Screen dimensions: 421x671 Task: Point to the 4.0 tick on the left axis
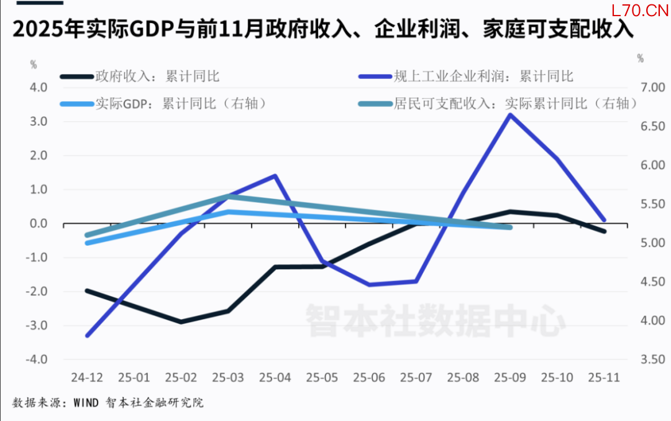pyautogui.click(x=39, y=88)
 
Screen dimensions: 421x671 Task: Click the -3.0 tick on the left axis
pyautogui.click(x=37, y=325)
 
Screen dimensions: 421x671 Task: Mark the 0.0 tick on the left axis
pyautogui.click(x=39, y=224)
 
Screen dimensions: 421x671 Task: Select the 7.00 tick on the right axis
pyautogui.click(x=650, y=88)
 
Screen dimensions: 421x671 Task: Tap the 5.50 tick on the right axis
pyautogui.click(x=650, y=204)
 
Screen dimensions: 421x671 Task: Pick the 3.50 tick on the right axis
pyautogui.click(x=650, y=359)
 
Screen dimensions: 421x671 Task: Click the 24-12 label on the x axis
pyautogui.click(x=87, y=377)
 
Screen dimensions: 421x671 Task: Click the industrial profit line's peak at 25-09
pyautogui.click(x=510, y=115)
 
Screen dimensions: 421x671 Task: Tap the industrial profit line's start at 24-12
pyautogui.click(x=88, y=335)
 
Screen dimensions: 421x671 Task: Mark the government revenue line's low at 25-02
pyautogui.click(x=181, y=322)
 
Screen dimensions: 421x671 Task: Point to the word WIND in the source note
pyautogui.click(x=86, y=403)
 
